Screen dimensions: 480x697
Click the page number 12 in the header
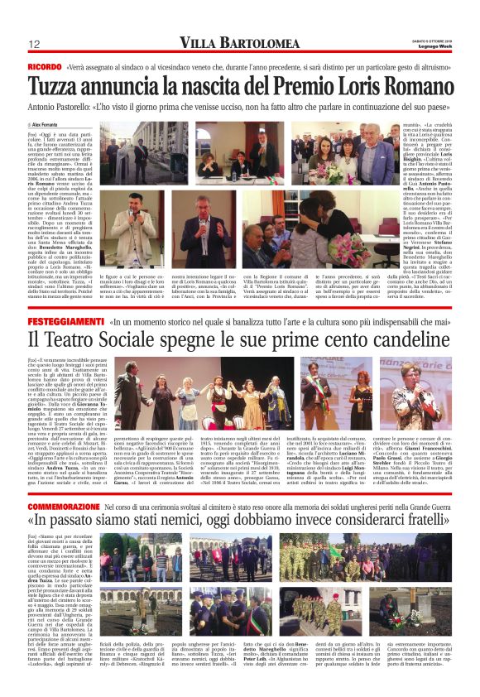tap(36, 44)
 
